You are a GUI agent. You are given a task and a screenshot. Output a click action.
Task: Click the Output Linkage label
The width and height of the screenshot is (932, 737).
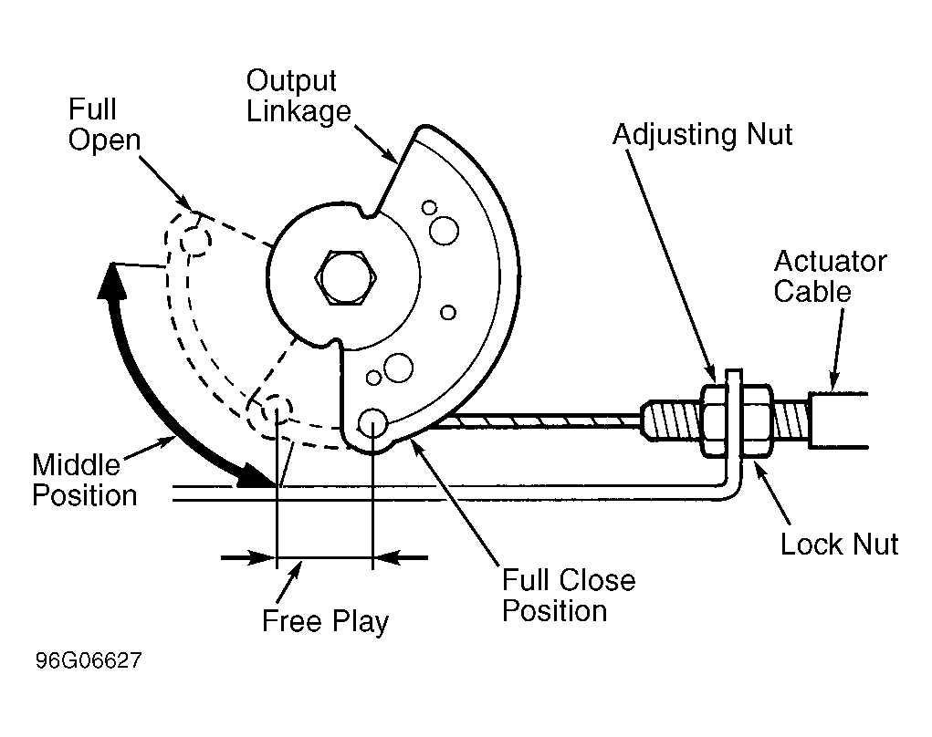click(x=298, y=96)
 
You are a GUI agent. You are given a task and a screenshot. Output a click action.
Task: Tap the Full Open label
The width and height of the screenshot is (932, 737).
click(x=104, y=125)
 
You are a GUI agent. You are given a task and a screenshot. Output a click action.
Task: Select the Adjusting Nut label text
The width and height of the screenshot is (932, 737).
click(x=703, y=135)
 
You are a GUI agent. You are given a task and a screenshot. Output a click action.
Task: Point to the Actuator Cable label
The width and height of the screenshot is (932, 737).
click(x=830, y=276)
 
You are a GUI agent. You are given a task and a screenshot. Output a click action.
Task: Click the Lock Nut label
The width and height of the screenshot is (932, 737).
click(x=839, y=544)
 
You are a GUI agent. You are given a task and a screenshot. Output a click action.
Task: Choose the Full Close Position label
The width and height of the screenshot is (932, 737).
click(x=569, y=595)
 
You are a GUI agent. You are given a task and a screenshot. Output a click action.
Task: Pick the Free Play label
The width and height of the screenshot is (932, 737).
click(x=325, y=622)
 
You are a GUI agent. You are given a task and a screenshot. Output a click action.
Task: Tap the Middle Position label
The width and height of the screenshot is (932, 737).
click(x=84, y=480)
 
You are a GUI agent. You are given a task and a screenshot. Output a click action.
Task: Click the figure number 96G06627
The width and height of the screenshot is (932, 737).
click(x=89, y=660)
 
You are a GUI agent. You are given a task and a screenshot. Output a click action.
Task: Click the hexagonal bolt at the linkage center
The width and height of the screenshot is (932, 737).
click(x=346, y=278)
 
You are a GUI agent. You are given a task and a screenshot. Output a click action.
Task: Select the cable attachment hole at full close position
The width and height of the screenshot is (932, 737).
click(x=372, y=423)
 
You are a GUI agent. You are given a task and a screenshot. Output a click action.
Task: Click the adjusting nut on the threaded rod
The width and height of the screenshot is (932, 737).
click(x=713, y=421)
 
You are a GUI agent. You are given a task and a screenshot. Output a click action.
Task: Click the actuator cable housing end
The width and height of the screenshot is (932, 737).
click(x=838, y=420)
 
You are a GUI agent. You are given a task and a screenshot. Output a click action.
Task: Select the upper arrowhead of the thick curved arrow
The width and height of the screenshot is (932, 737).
click(x=111, y=282)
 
